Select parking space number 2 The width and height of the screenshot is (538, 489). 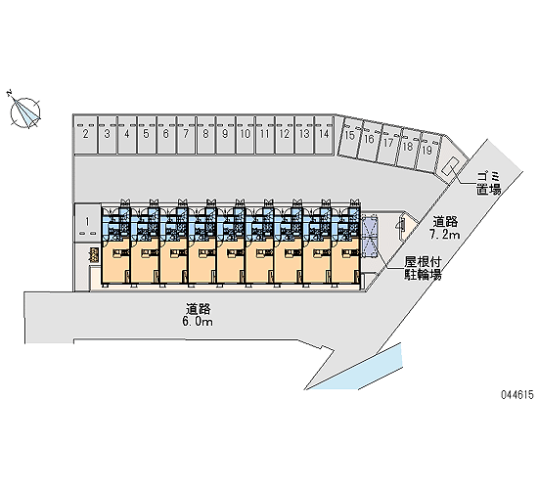pyautogui.click(x=86, y=135)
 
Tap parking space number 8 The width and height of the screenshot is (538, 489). pyautogui.click(x=205, y=135)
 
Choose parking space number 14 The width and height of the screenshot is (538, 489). pyautogui.click(x=324, y=135)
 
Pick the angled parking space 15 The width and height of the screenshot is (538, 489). pyautogui.click(x=349, y=137)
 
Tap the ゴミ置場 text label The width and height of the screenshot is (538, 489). pyautogui.click(x=488, y=184)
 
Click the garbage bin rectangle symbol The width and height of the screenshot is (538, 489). pyautogui.click(x=451, y=165)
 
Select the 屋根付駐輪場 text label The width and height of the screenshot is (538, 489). pyautogui.click(x=423, y=268)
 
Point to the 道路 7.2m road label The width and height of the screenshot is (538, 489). pyautogui.click(x=445, y=228)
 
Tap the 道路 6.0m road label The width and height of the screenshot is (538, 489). pyautogui.click(x=199, y=315)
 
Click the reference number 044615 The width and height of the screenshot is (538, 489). pyautogui.click(x=517, y=395)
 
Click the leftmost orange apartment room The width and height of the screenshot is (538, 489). pyautogui.click(x=115, y=261)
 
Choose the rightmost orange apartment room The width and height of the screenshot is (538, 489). pyautogui.click(x=346, y=261)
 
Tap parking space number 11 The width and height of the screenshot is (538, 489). pyautogui.click(x=265, y=135)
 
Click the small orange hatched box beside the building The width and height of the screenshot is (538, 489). pyautogui.click(x=94, y=255)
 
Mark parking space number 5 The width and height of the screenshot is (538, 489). pyautogui.click(x=147, y=135)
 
